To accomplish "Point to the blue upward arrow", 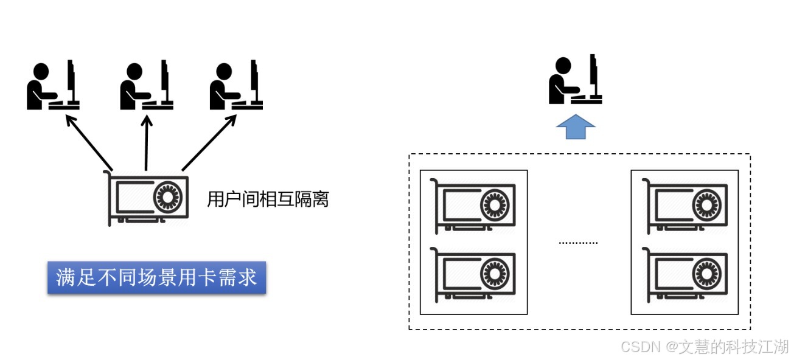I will click(x=576, y=126).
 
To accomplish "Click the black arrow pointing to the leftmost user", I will click(x=89, y=143).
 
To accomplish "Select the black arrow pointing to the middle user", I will click(x=146, y=143).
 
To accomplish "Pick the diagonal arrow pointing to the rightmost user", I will click(x=209, y=143).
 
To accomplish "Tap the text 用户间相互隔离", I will click(x=268, y=199).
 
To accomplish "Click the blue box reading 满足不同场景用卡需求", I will click(x=156, y=279).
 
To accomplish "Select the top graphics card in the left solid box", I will click(x=473, y=206).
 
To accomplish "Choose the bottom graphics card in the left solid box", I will click(x=473, y=275).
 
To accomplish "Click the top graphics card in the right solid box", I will click(x=685, y=206).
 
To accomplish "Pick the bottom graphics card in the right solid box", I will click(x=685, y=275).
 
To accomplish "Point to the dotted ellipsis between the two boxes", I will click(x=578, y=243).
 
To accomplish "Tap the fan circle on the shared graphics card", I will click(x=167, y=197).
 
